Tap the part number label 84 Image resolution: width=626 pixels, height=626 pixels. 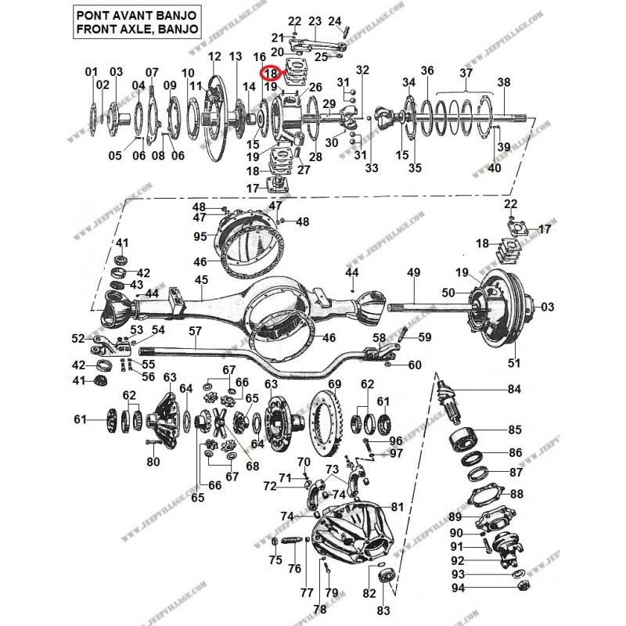pyautogui.click(x=513, y=389)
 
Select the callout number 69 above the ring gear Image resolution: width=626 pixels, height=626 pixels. pyautogui.click(x=335, y=384)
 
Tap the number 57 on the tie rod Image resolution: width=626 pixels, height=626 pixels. pyautogui.click(x=195, y=331)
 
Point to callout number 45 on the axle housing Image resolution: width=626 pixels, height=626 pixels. pyautogui.click(x=201, y=280)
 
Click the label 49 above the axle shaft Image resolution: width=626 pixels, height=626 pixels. pyautogui.click(x=414, y=272)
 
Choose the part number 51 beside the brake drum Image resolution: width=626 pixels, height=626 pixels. pyautogui.click(x=514, y=362)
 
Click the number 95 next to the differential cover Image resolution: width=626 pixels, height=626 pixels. pyautogui.click(x=200, y=236)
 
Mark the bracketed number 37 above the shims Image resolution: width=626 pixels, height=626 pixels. pyautogui.click(x=466, y=73)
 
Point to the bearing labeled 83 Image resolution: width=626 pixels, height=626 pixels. pyautogui.click(x=385, y=577)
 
